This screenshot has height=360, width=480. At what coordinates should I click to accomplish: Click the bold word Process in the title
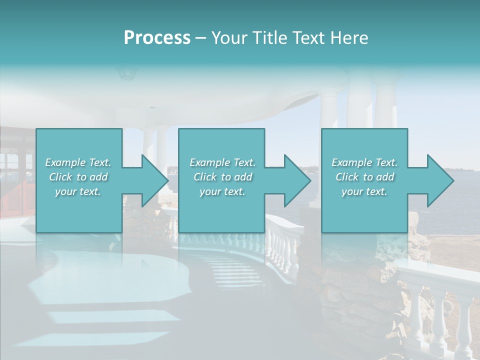(x=157, y=38)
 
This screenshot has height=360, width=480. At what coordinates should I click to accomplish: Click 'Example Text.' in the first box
(x=78, y=162)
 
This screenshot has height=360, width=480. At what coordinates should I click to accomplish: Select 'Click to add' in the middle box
(x=222, y=177)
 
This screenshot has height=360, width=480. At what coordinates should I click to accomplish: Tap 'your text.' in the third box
(x=364, y=191)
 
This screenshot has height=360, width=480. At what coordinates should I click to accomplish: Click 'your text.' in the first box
(x=78, y=191)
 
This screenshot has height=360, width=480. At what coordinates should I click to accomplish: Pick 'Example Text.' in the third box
(x=364, y=162)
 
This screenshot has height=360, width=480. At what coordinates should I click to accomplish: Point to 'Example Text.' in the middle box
(x=222, y=162)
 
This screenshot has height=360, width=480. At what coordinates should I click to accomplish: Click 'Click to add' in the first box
(x=78, y=177)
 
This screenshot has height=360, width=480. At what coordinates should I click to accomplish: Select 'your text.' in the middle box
(x=222, y=191)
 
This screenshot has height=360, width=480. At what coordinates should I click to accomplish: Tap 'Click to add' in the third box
(x=364, y=177)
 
